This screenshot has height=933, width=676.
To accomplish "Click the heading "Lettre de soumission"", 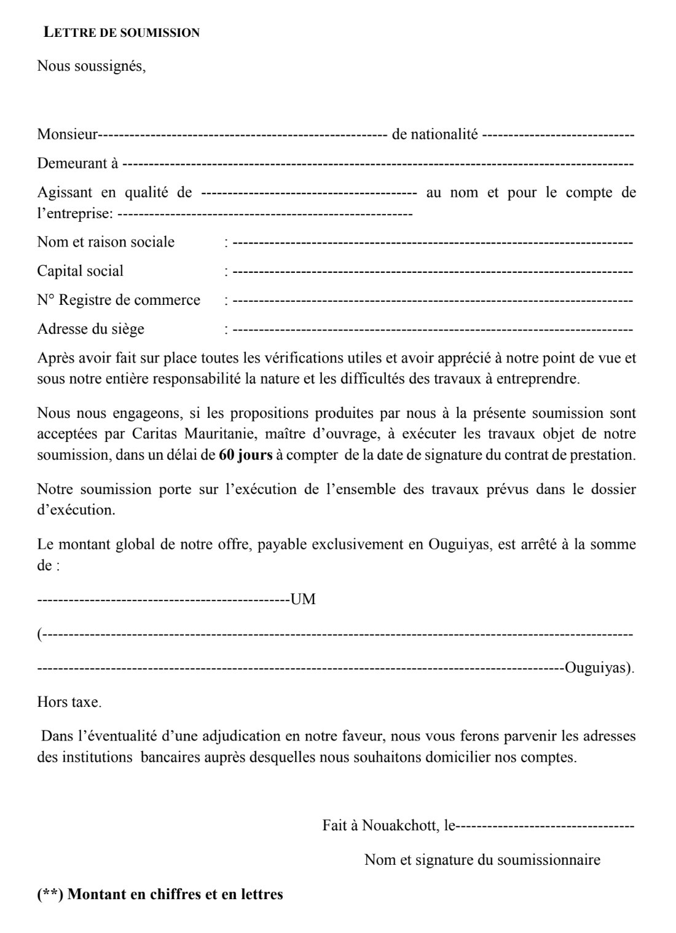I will tap(122, 33).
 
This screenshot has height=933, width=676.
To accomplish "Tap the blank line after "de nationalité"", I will tap(558, 134).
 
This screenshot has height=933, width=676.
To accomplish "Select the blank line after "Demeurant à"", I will tap(378, 163).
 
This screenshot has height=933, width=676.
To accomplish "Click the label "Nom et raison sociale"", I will tap(106, 242).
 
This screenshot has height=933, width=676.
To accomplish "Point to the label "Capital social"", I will tap(80, 271).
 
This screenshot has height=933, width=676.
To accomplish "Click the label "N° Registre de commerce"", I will tap(119, 300).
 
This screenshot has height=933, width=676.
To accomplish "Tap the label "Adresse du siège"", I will tap(90, 329).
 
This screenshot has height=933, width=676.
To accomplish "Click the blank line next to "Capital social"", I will tap(433, 271).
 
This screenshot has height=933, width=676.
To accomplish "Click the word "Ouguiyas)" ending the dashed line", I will tap(599, 668).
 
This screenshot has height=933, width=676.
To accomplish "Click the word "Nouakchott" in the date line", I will tap(399, 825).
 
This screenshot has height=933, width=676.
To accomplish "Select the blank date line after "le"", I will tap(546, 825).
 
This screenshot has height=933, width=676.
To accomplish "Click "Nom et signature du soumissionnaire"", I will tap(482, 860).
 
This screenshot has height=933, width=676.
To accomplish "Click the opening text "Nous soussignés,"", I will tap(92, 66).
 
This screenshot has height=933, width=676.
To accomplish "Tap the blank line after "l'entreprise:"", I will tap(264, 214).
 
